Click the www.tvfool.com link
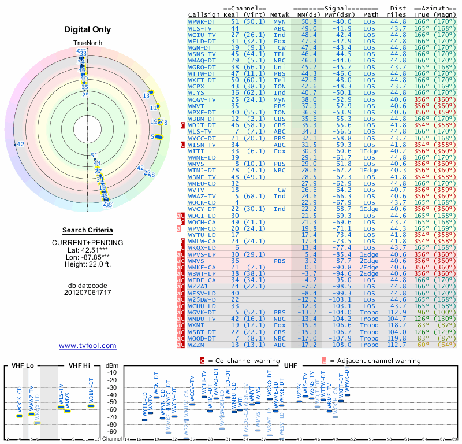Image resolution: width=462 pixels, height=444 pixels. [87, 346]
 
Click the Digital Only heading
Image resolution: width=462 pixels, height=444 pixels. [87, 29]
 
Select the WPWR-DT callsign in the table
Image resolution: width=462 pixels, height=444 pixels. [203, 21]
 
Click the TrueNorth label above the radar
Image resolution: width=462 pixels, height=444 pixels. [87, 44]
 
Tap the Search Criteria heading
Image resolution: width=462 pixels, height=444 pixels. [87, 230]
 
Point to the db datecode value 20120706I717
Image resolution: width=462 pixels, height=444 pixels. [87, 293]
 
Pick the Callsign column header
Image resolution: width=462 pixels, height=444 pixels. [204, 13]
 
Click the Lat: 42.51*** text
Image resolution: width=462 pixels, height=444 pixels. [87, 251]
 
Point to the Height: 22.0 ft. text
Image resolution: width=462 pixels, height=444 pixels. [87, 265]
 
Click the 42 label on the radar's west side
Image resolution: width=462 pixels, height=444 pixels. [20, 145]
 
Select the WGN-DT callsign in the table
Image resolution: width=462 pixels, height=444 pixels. [201, 47]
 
